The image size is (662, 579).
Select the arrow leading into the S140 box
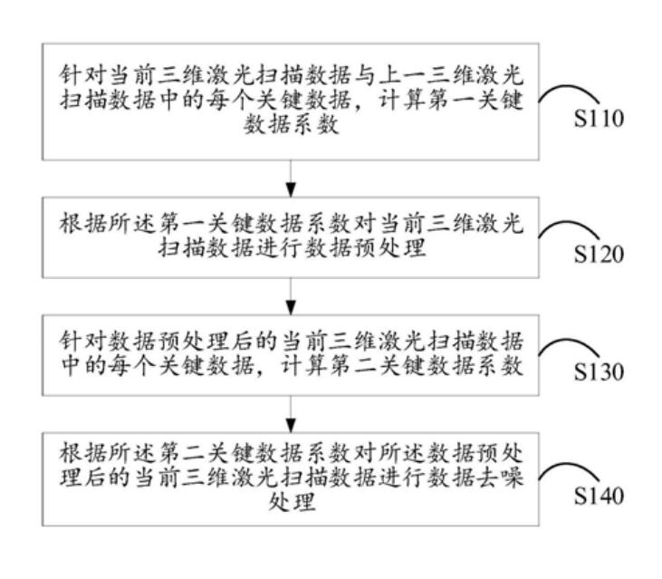coord(290,419)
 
